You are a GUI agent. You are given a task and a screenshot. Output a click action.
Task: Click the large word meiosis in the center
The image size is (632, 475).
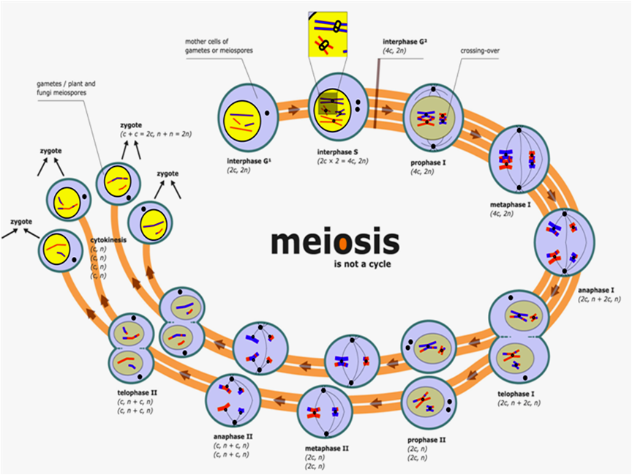coord(335,242)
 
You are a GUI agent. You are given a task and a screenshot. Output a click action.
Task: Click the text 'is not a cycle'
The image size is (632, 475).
coord(362,264)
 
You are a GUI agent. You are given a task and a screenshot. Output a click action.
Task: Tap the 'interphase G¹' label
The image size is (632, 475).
coord(249,161)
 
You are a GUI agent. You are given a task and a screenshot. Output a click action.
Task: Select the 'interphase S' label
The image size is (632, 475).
coord(337,152)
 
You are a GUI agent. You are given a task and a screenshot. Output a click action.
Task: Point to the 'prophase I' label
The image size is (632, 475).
coord(428,163)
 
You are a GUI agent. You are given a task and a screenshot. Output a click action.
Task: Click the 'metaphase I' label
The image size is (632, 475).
coord(511,205)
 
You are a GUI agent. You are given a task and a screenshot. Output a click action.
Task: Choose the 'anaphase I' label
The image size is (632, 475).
coord(596,291)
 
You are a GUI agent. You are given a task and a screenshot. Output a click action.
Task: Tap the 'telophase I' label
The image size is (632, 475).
coord(516,394)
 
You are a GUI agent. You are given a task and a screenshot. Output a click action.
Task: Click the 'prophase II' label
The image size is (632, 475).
coord(426,440)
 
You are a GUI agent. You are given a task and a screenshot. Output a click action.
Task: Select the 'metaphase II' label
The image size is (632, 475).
coord(326,449)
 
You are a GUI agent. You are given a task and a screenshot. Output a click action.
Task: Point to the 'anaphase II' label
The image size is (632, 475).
coord(233,437)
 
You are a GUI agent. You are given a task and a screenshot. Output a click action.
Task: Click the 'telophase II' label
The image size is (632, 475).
coord(138,393)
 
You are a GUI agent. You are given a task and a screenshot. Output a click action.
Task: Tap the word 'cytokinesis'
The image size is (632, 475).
coord(108,240)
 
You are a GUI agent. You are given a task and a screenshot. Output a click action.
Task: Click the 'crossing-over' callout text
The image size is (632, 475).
coord(480,51)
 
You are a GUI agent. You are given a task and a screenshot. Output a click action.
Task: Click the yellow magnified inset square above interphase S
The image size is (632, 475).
coord(328,34)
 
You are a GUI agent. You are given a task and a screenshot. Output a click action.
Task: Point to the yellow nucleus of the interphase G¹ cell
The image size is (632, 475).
coord(243,121)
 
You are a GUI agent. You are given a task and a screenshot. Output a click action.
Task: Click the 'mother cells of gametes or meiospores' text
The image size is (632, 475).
coord(219,46)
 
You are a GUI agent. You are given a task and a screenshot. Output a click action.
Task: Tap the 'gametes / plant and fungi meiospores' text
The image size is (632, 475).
coord(66,89)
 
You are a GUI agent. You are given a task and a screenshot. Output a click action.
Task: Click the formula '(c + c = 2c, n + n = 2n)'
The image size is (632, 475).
coord(156,134)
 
